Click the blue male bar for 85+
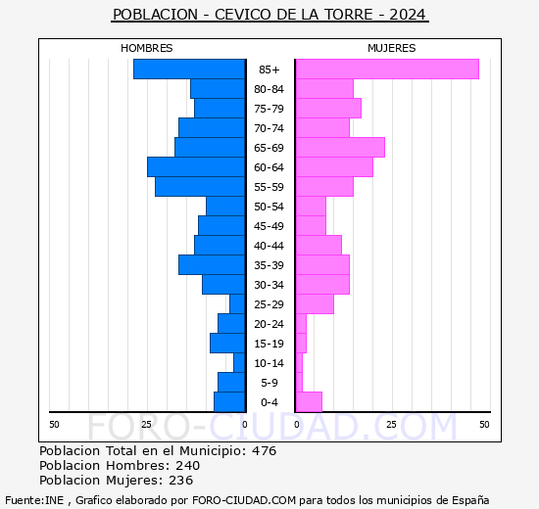(189, 69)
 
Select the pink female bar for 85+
(387, 69)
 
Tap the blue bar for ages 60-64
(196, 167)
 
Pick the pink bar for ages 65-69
(340, 148)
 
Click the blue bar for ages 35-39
(212, 265)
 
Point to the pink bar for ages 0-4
(309, 402)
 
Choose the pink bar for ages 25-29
(315, 304)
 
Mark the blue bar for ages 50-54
(225, 207)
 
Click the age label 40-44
(269, 246)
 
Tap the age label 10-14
(269, 363)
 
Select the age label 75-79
(269, 109)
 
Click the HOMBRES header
(147, 48)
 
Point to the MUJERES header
(392, 48)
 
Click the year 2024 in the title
(407, 16)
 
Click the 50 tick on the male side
(54, 424)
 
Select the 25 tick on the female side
(391, 424)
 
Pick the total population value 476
(264, 451)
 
